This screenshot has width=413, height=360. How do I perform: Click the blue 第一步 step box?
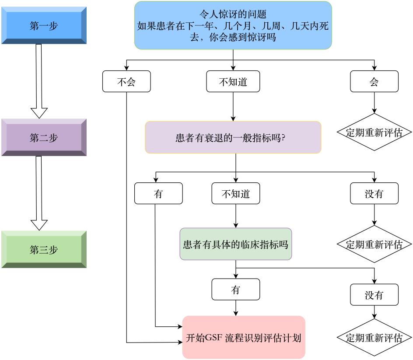44,26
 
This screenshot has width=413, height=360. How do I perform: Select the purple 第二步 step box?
44,138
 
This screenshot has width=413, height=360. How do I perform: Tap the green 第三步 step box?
44,250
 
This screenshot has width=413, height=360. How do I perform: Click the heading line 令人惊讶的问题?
233,14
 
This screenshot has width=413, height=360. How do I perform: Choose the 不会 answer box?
126,82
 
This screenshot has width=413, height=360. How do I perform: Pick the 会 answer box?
374,82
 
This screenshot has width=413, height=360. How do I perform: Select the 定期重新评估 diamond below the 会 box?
374,133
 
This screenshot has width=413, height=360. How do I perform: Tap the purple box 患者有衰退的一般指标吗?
233,138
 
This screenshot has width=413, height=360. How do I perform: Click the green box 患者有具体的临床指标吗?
236,244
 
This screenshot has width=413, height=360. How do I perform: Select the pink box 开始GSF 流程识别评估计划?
244,338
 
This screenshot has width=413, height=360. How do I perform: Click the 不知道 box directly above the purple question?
233,82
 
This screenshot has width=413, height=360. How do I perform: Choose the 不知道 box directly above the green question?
236,194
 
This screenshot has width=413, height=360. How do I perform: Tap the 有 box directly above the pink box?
236,290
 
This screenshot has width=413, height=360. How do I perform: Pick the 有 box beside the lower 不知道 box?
158,194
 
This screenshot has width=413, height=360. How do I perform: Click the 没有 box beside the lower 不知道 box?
374,194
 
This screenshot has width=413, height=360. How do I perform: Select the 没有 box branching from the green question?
374,295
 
